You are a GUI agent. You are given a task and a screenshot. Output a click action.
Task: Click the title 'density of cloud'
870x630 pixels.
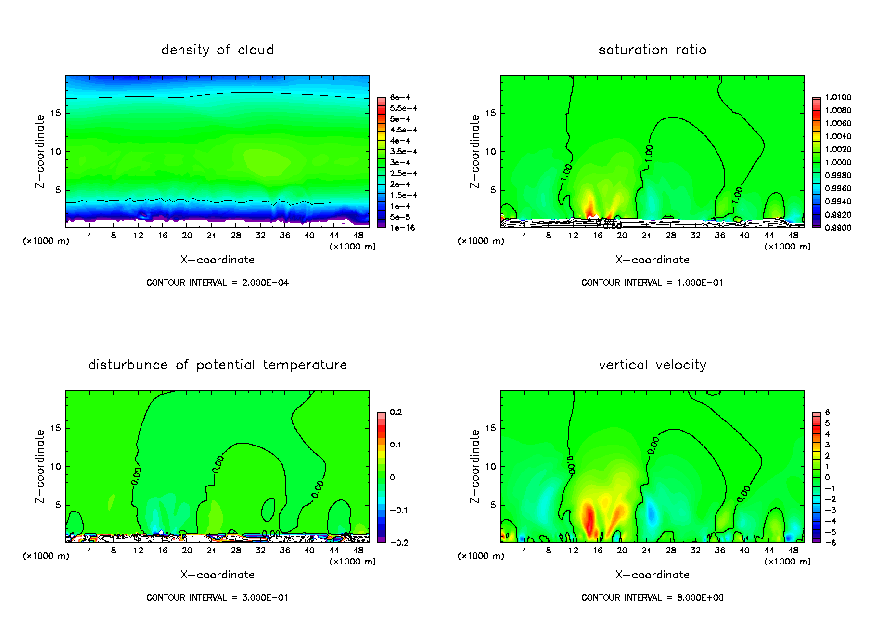tap(217, 50)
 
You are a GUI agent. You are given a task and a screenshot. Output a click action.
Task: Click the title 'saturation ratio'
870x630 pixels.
tap(652, 50)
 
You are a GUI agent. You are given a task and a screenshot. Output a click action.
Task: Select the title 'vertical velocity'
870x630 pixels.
tap(652, 365)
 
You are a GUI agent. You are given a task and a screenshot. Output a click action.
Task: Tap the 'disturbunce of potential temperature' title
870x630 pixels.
tap(217, 365)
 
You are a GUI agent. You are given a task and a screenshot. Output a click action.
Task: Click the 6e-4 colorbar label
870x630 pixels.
tap(400, 97)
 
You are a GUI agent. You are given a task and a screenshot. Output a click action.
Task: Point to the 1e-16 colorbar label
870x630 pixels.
tap(402, 228)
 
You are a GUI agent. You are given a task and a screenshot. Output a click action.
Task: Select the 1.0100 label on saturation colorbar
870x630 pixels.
tap(838, 97)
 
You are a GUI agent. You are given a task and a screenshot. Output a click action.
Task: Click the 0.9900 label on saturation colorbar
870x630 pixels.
tap(838, 228)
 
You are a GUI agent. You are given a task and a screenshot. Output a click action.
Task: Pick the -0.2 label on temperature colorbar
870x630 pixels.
tap(399, 543)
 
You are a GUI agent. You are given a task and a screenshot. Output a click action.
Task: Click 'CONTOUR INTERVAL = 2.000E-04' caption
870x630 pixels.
tap(217, 283)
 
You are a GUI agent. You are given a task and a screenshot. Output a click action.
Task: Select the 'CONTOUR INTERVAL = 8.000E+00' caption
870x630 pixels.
tap(652, 598)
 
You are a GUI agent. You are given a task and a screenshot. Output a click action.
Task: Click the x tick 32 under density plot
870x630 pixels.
tap(260, 236)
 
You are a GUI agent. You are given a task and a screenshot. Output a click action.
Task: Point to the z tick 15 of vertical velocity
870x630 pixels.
tap(490, 428)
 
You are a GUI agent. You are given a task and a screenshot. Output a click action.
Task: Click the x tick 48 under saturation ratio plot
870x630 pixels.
tap(793, 236)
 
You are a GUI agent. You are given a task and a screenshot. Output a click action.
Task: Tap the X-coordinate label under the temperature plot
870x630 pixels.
tap(217, 575)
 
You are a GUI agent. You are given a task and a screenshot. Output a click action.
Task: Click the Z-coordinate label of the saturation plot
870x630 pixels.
tap(475, 151)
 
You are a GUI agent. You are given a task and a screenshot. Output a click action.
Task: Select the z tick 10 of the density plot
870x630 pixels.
tap(56, 152)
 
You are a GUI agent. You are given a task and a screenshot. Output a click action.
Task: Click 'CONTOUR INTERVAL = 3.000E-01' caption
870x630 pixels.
tap(217, 598)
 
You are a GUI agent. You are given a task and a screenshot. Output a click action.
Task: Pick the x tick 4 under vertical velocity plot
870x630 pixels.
tap(524, 551)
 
